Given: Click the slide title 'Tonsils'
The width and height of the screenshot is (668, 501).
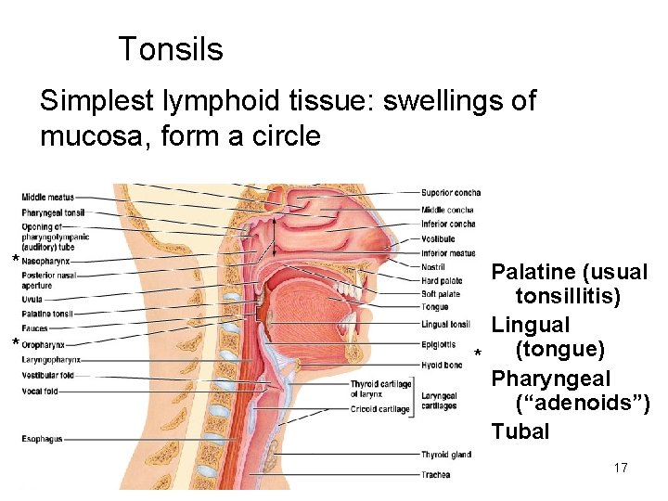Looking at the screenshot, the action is (x=171, y=49).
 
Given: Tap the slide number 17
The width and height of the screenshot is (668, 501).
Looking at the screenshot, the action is (x=621, y=468).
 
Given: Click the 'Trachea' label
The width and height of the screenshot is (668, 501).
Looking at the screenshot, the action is (x=435, y=475).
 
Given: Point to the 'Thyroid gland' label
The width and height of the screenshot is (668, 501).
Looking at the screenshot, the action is (x=445, y=455).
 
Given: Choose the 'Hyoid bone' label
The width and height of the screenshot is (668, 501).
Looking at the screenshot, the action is (x=441, y=366).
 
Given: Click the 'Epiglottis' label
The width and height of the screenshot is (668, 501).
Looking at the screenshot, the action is (x=438, y=343).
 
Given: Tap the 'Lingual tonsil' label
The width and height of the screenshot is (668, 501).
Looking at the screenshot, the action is (x=445, y=325).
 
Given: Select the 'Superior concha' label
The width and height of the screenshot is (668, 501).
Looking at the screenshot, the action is (x=451, y=193).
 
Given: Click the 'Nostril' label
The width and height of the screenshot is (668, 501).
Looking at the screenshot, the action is (x=433, y=267).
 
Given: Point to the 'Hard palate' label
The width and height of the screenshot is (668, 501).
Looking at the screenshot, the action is (x=442, y=281).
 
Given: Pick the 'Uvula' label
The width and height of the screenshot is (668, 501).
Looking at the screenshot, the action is (x=32, y=299).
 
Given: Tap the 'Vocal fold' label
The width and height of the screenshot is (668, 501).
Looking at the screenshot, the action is (x=39, y=392).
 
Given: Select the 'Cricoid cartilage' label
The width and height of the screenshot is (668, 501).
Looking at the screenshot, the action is (x=379, y=409).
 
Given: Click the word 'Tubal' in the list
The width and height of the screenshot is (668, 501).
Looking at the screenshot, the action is (x=520, y=431).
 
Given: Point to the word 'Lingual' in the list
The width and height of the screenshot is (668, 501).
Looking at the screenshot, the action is (x=530, y=325).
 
